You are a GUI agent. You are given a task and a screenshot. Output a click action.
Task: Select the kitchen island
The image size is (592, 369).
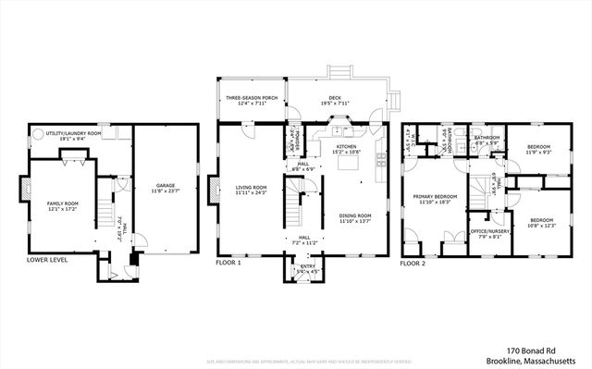pos(350,164)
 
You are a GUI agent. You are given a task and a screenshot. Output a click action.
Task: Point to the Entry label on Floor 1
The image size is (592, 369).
pos(306,266)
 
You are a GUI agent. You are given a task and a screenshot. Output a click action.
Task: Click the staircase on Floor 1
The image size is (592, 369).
pos(296,199)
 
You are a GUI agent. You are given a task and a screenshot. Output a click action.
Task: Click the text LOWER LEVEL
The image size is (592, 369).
pos(46,261)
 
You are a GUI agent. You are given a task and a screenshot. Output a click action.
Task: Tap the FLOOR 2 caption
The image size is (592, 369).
pos(413,263)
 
